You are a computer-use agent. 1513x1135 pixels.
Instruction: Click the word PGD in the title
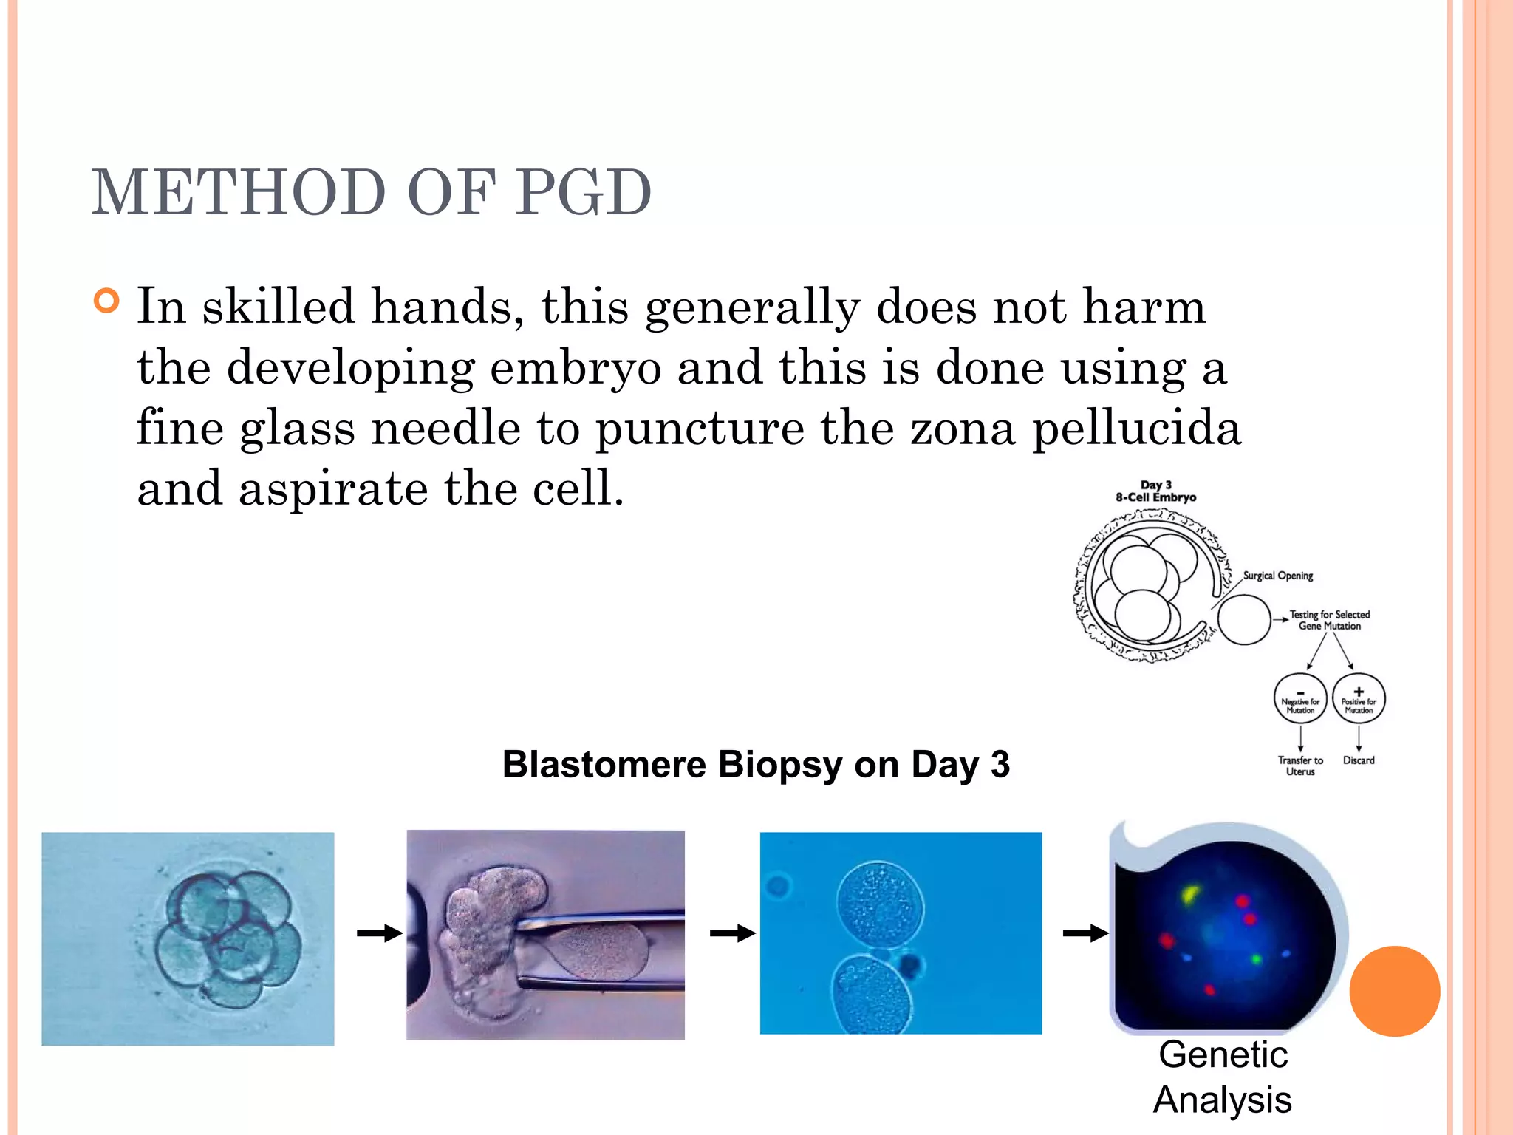pos(583,193)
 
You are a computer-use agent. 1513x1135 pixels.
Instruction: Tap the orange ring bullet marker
pos(107,301)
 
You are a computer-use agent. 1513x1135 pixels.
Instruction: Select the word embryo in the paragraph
pos(576,368)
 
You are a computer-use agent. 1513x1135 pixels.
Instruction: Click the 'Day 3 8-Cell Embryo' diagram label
pos(1155,491)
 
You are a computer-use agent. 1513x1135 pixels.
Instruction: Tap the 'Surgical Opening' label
pos(1277,576)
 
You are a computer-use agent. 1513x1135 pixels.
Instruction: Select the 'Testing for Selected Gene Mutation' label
pos(1329,620)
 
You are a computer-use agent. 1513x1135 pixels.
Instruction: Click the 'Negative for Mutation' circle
pos(1300,699)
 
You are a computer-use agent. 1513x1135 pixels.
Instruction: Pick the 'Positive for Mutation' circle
pos(1359,699)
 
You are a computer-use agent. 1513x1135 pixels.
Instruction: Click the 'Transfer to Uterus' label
pos(1300,766)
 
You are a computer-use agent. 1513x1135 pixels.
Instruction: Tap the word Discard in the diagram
pos(1359,760)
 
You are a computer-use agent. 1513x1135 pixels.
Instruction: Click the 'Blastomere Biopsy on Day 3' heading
pos(755,764)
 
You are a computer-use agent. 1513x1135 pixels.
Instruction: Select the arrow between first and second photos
pos(379,934)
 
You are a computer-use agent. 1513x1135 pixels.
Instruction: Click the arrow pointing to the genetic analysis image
pos(1085,934)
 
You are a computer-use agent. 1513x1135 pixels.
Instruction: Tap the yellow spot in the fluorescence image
pos(1189,895)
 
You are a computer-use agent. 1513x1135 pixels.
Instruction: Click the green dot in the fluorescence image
pos(1256,959)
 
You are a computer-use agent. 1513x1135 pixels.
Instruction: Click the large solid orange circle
pos(1394,991)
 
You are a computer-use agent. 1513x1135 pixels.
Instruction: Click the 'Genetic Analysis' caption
pos(1223,1077)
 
